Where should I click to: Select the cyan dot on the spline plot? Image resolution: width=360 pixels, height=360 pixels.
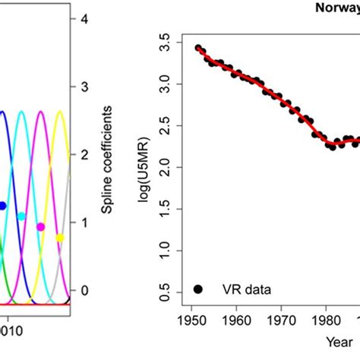(21, 216)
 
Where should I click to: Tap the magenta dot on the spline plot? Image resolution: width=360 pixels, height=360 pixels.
(41, 226)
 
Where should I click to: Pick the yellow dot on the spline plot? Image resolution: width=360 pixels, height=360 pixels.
(60, 238)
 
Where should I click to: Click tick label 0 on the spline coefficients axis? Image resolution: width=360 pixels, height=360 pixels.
(86, 291)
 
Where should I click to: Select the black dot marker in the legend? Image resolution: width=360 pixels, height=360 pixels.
(198, 289)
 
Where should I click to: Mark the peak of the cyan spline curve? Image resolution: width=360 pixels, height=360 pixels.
(22, 112)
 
